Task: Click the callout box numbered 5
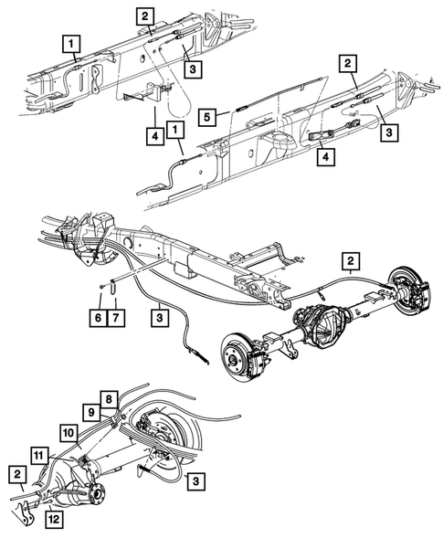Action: point(208,117)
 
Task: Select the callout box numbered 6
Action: point(96,318)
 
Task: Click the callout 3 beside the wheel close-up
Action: point(195,479)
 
